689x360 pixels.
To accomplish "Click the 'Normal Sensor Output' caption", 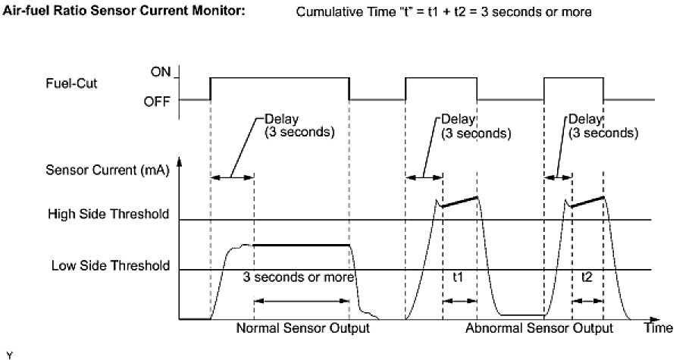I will (302, 329).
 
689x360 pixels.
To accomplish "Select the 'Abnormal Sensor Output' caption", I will (539, 329).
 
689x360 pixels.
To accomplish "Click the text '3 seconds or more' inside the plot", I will (299, 277).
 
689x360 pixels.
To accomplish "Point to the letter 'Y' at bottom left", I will (8, 353).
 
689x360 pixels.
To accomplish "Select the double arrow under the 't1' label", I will (459, 301).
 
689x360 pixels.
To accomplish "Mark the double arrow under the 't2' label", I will (587, 301).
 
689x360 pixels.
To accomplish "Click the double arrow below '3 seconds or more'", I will (302, 301).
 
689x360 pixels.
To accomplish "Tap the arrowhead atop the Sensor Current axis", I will (180, 162).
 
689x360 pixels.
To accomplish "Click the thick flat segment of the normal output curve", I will (302, 245).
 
